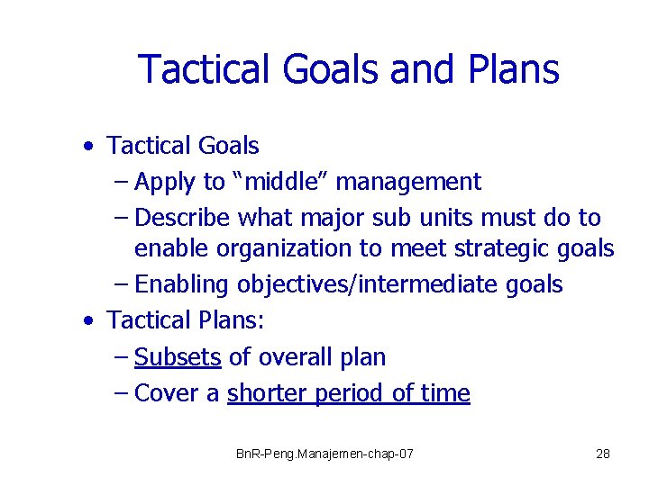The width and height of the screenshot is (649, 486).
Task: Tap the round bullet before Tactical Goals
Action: [x=86, y=146]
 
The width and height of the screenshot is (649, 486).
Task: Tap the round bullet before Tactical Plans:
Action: [x=86, y=320]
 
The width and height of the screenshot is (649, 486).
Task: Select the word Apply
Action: [x=165, y=182]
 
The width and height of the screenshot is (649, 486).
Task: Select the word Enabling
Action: [x=181, y=285]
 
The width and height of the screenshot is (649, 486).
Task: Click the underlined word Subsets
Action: [x=178, y=356]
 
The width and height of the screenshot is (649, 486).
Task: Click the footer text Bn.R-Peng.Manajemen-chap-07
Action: [x=324, y=454]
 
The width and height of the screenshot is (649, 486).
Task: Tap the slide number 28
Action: [x=603, y=454]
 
